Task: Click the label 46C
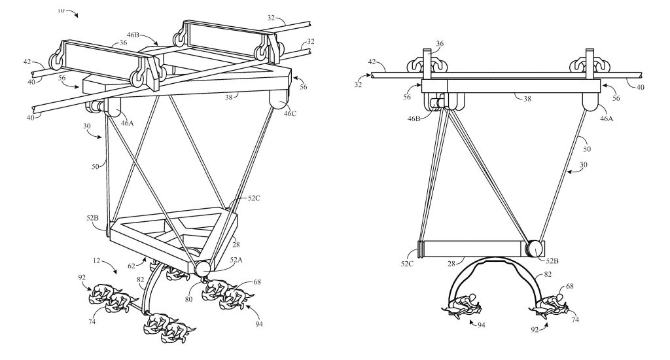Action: [x=290, y=113]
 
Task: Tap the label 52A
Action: [x=236, y=259]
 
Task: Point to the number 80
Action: [x=188, y=299]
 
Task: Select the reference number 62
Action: [x=131, y=266]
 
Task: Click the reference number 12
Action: [x=97, y=261]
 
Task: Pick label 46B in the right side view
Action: [x=414, y=118]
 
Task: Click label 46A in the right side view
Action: [x=607, y=118]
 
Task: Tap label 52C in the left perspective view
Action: [x=254, y=198]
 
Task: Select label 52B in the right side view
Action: [x=552, y=261]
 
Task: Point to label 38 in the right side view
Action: [x=527, y=99]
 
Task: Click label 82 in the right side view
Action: [x=548, y=275]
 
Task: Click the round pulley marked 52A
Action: [x=202, y=269]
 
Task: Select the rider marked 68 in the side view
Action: [x=548, y=306]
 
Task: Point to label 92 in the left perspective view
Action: [x=82, y=278]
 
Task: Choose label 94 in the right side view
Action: [x=481, y=325]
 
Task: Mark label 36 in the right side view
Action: [x=440, y=44]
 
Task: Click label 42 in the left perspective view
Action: [x=27, y=62]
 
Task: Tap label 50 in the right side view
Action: [x=587, y=149]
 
